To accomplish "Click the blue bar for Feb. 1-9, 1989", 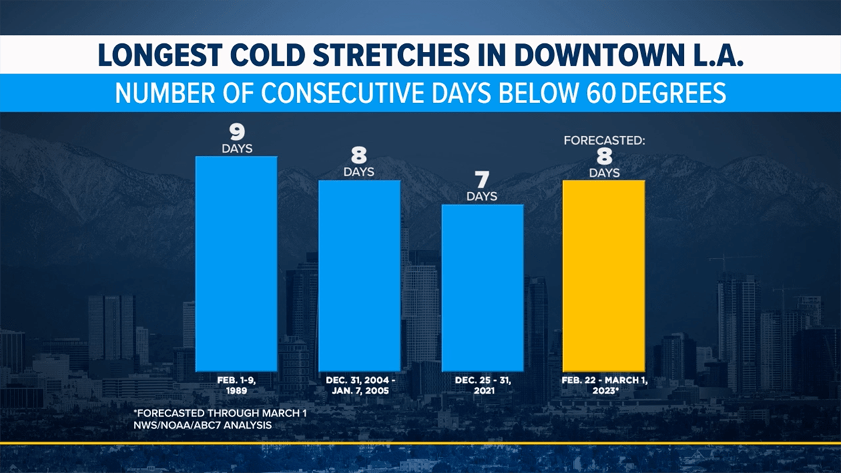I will point(237,263).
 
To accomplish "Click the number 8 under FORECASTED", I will point(604,157).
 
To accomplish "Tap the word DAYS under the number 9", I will point(237,148).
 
